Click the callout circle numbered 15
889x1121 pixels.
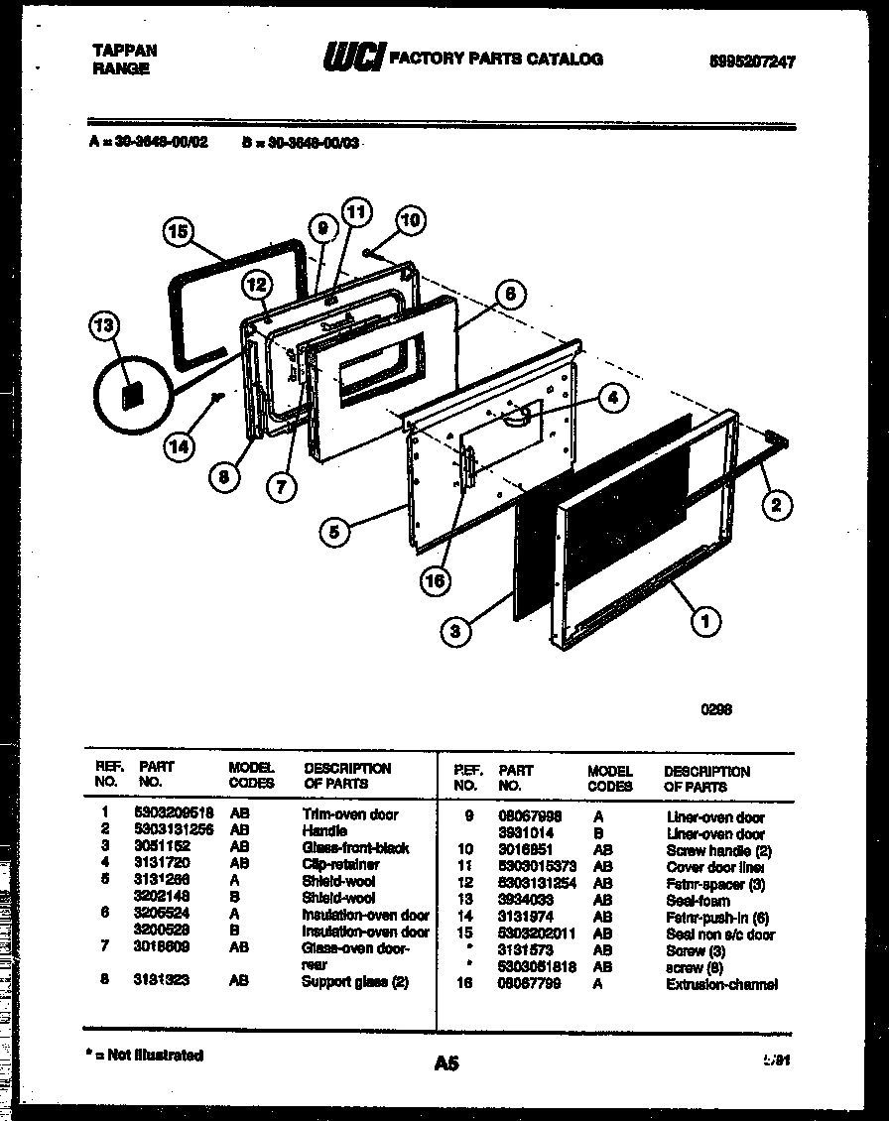pyautogui.click(x=178, y=234)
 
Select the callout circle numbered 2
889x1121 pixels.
pyautogui.click(x=775, y=505)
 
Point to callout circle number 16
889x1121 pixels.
pyautogui.click(x=434, y=580)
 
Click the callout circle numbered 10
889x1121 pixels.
pyautogui.click(x=410, y=220)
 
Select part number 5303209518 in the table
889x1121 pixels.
pyautogui.click(x=173, y=813)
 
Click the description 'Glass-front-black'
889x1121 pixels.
pyautogui.click(x=355, y=848)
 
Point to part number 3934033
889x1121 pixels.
pyautogui.click(x=526, y=901)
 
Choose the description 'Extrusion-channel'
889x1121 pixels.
pyautogui.click(x=721, y=984)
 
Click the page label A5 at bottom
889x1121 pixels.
pyautogui.click(x=445, y=1063)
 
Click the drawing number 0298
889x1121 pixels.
pyautogui.click(x=716, y=709)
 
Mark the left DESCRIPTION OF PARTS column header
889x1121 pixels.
pyautogui.click(x=347, y=775)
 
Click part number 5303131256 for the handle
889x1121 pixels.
pyautogui.click(x=173, y=830)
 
